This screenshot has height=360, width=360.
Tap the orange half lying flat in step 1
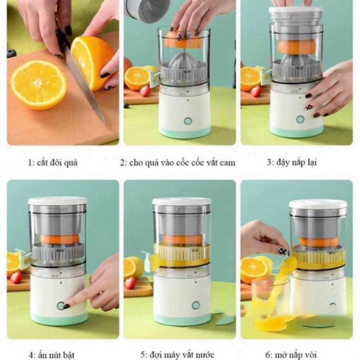coord(39,85)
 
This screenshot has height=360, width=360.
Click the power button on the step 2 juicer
coord(188,121)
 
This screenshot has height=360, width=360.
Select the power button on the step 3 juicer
coord(300,119)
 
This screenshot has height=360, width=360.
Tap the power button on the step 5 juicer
coord(195,305)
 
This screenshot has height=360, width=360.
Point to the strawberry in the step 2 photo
coord(145,91)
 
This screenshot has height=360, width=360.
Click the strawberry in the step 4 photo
coord(16,277)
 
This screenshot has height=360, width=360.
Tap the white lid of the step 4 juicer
coord(57,201)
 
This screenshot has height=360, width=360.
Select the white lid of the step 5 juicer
coord(182,201)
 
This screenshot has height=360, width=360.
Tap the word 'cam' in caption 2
coord(227,163)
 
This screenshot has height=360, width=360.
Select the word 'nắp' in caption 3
coord(298,163)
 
